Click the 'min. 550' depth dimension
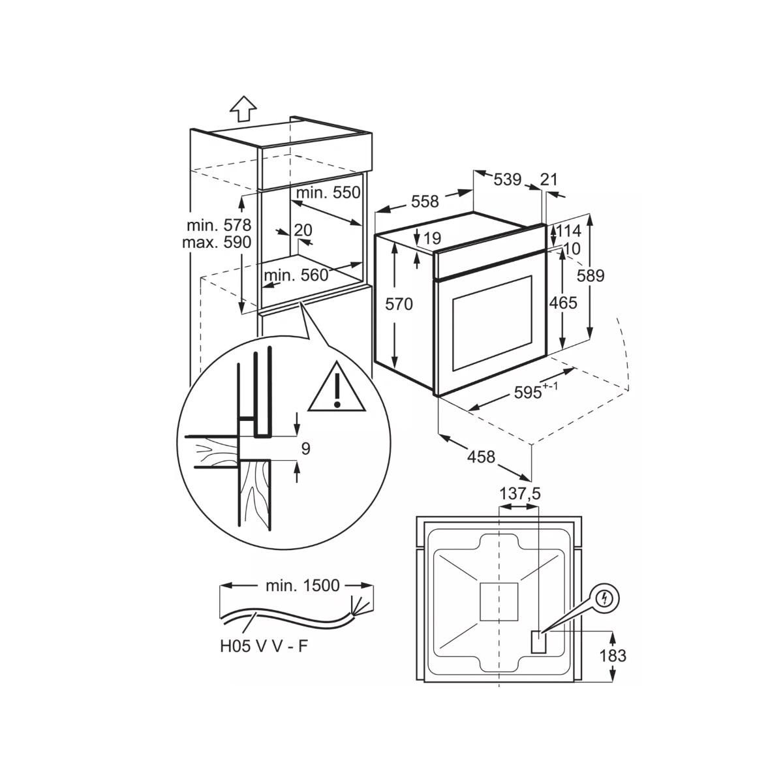(328, 193)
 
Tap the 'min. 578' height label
(219, 226)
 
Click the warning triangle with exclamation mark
(336, 389)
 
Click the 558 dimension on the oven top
(425, 202)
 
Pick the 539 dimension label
(507, 179)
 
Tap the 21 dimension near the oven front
(549, 179)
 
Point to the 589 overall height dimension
(591, 275)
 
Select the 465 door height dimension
(563, 303)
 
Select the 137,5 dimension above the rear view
(519, 494)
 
